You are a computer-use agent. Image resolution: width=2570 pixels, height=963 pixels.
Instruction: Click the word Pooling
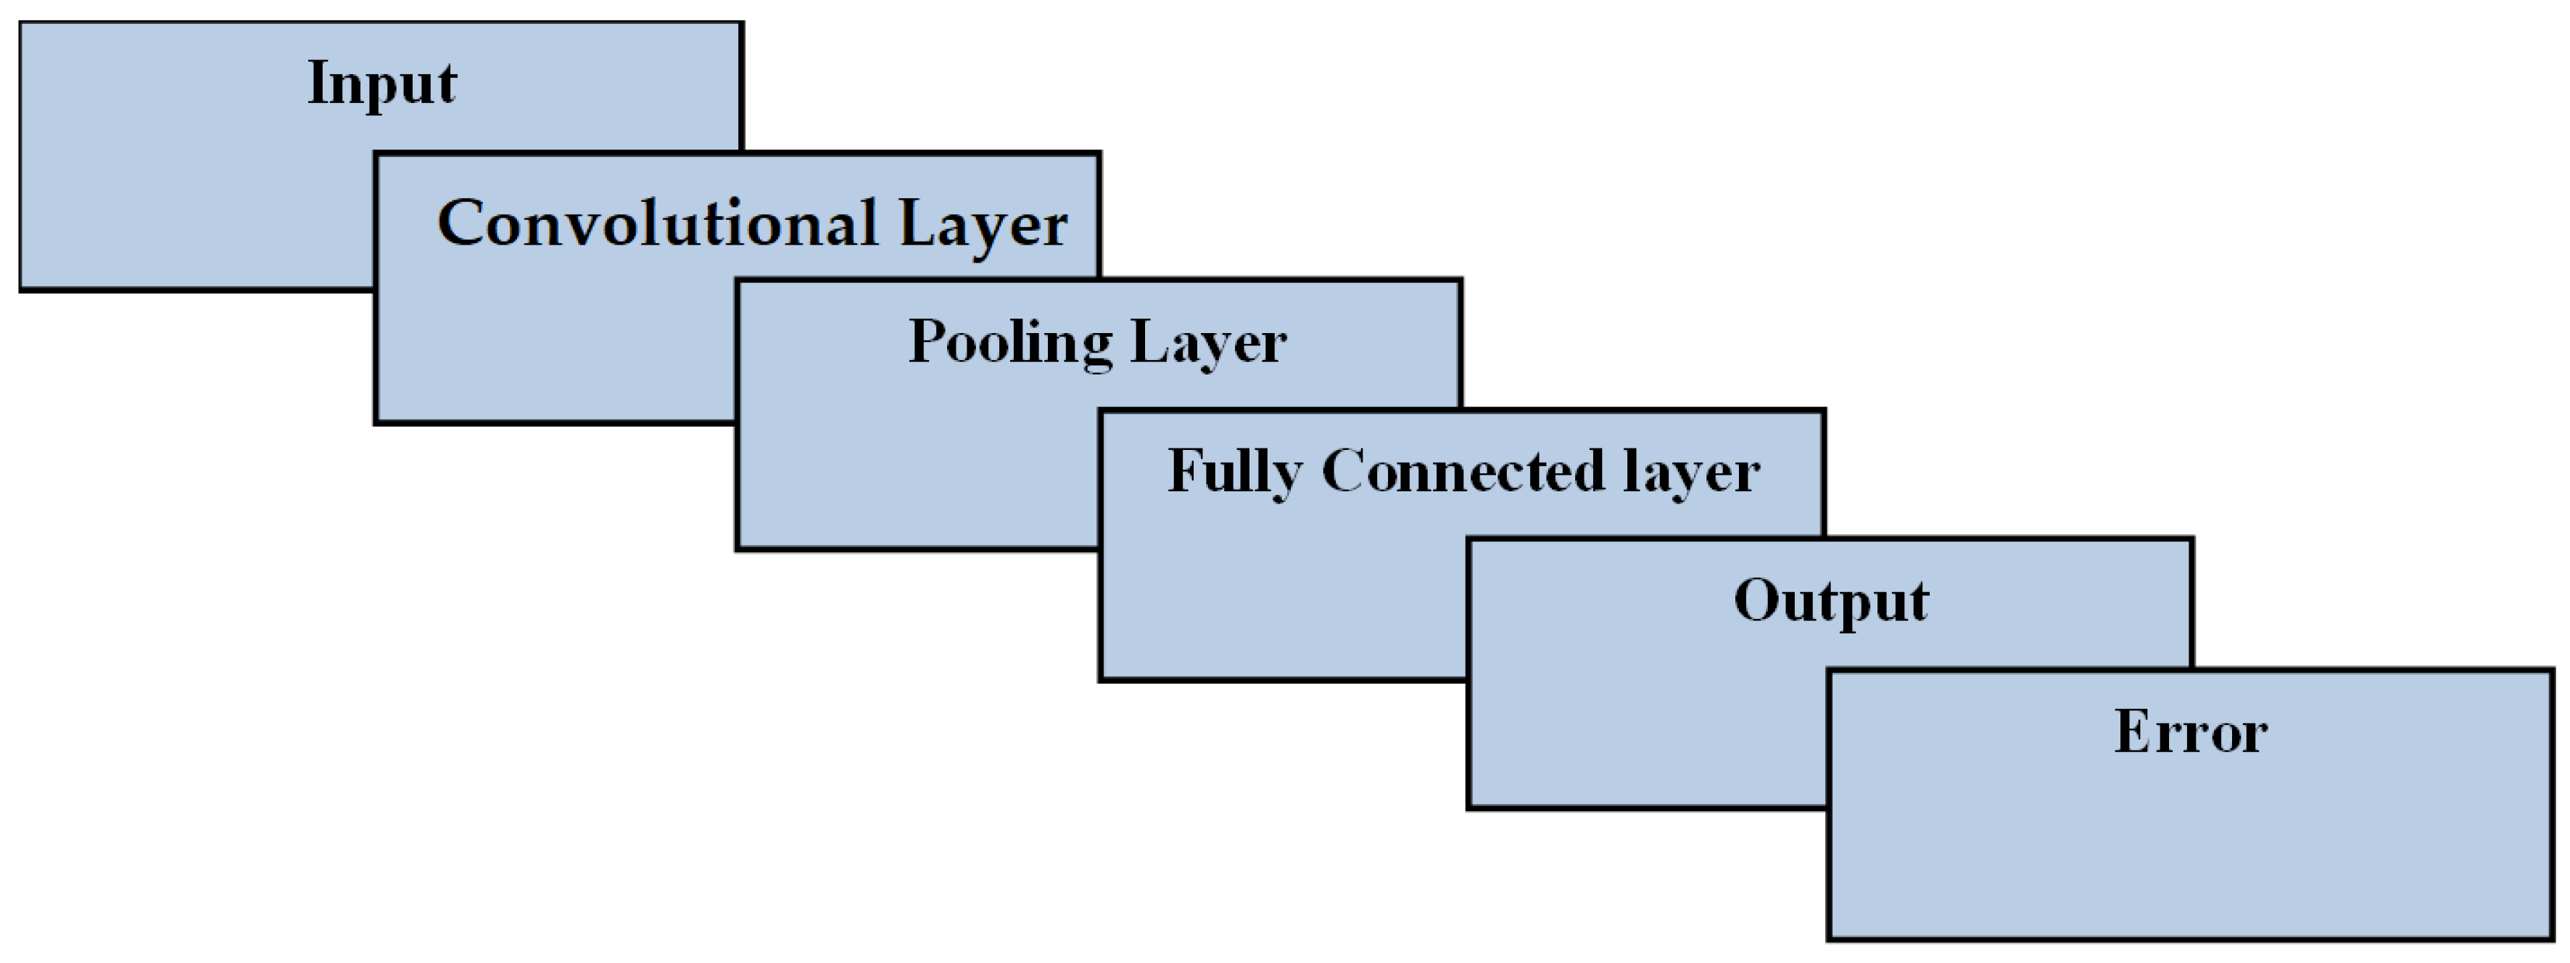click(1009, 343)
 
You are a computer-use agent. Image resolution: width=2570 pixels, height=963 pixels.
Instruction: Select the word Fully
click(1235, 472)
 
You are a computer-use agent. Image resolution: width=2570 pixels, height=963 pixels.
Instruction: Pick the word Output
click(1831, 602)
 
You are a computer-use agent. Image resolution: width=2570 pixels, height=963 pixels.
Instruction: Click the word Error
click(2190, 732)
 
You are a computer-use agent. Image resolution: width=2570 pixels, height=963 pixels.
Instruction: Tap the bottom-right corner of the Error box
click(2552, 938)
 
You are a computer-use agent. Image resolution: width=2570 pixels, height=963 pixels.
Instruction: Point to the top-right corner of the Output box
click(2191, 540)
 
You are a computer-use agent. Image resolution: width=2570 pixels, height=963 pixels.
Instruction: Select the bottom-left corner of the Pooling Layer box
click(738, 548)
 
